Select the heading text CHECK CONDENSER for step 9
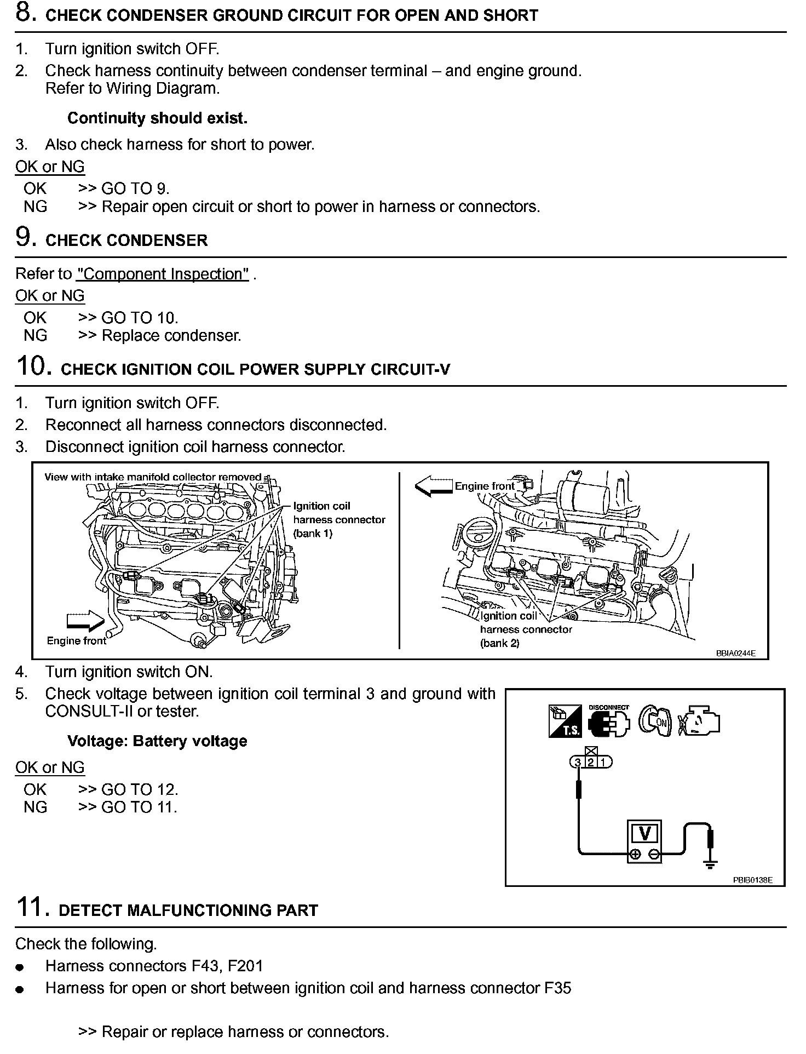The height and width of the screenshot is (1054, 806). tap(126, 241)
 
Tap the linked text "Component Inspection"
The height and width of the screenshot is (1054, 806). tap(163, 274)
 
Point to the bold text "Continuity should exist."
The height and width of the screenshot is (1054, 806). tap(157, 118)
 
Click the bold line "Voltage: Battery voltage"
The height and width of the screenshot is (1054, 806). tap(157, 741)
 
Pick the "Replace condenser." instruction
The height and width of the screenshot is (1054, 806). tap(171, 335)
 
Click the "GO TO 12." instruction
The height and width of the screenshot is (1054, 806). tap(140, 789)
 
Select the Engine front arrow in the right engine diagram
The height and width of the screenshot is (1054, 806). tap(434, 485)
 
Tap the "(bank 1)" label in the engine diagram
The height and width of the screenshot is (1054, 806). tap(313, 534)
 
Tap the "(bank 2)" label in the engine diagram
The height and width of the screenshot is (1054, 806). tap(499, 643)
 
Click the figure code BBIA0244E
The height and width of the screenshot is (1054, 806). tap(735, 654)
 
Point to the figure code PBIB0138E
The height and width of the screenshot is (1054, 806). tap(752, 880)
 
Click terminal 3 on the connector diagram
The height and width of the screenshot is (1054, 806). tap(578, 762)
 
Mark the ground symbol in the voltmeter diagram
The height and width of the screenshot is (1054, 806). tap(710, 864)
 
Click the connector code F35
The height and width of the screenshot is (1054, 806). tap(558, 988)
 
